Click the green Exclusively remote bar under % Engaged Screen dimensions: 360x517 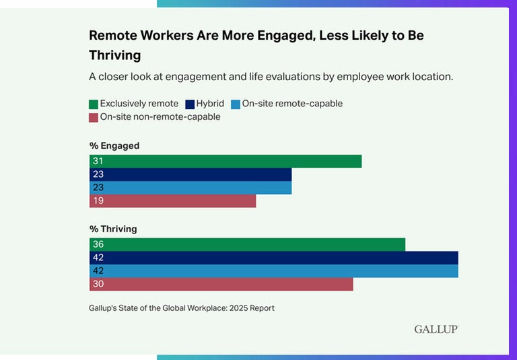(x=226, y=161)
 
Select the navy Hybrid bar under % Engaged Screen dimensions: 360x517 (x=191, y=175)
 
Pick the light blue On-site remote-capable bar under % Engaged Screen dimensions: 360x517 (x=191, y=188)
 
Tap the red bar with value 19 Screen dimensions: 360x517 (x=173, y=201)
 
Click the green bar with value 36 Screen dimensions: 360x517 (x=247, y=244)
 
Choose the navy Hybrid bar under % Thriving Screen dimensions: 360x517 (x=273, y=258)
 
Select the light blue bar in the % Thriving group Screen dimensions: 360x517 (x=273, y=271)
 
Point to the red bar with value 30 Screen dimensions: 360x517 (x=221, y=284)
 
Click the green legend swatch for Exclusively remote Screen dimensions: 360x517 (x=94, y=104)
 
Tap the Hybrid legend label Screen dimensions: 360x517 (x=210, y=104)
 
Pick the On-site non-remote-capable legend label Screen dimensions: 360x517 (x=160, y=116)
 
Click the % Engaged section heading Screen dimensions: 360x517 (x=114, y=145)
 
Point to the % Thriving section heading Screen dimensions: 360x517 (x=113, y=229)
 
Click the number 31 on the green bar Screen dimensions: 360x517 (x=98, y=161)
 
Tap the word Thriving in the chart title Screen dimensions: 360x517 (x=115, y=55)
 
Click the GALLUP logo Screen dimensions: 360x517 (x=436, y=329)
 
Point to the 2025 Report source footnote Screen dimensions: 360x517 (x=182, y=308)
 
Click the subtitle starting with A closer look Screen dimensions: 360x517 (x=271, y=76)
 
